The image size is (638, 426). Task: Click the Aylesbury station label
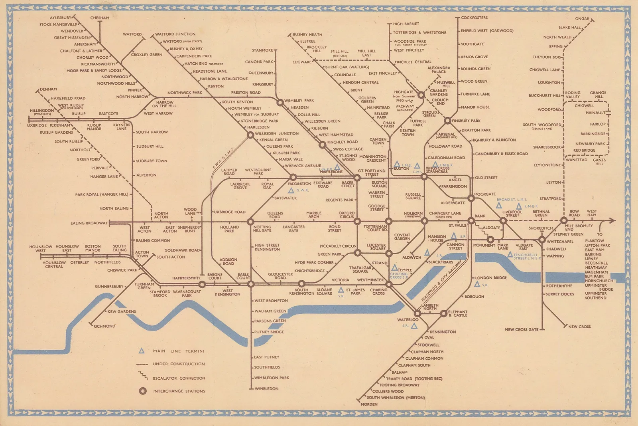60,18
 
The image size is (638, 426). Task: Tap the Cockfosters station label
474,18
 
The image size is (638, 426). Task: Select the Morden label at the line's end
369,404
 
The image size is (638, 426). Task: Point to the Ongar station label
582,19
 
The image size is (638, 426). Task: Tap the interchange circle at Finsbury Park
448,121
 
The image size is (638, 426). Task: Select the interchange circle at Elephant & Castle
443,314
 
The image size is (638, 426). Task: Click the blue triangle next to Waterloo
414,326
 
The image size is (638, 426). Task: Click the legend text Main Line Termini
178,351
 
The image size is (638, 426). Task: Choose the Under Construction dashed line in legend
142,365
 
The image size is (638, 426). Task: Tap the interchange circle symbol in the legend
142,391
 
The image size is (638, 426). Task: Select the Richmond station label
104,326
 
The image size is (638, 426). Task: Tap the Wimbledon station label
266,388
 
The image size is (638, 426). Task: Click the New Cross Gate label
521,330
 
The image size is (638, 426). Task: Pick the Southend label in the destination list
595,298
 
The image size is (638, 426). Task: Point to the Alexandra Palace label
439,70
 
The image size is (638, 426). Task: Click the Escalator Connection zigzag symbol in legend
142,376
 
